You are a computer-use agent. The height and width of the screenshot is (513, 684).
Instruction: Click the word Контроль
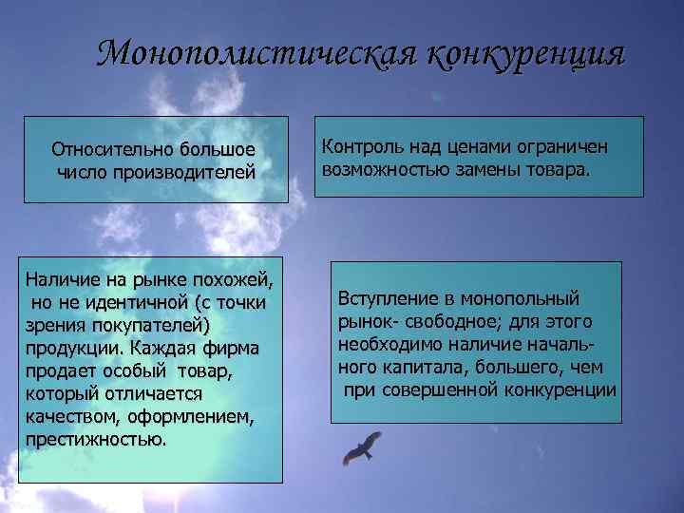[x=359, y=147]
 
